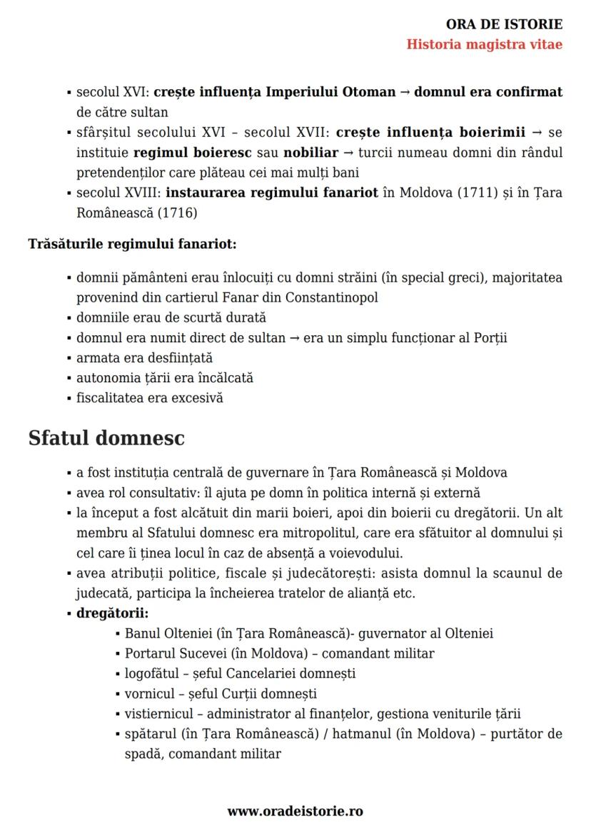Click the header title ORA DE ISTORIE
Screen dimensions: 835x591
click(504, 25)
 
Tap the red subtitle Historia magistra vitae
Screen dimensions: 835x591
click(484, 44)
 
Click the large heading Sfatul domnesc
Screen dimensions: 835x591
click(106, 437)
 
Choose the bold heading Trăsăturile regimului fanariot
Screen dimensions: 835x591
click(133, 244)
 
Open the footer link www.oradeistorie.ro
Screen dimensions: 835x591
click(295, 811)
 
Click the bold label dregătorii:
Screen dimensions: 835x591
click(112, 613)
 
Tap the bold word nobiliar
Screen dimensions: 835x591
click(310, 152)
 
